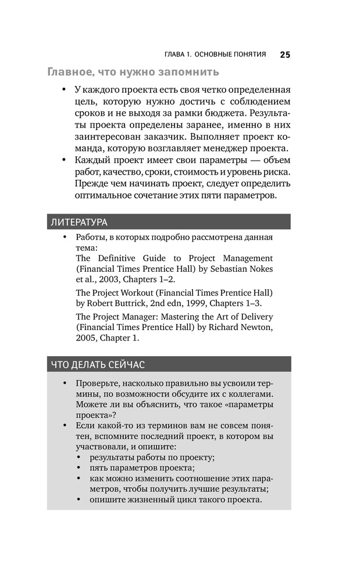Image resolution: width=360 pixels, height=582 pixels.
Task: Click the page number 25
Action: click(x=284, y=55)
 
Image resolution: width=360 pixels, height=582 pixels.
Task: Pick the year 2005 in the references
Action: click(x=87, y=338)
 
